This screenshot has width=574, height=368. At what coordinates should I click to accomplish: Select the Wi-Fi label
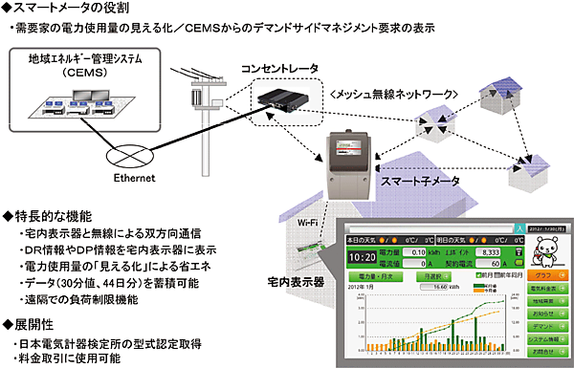(299, 224)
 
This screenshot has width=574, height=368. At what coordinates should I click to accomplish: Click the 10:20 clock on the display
(363, 256)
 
